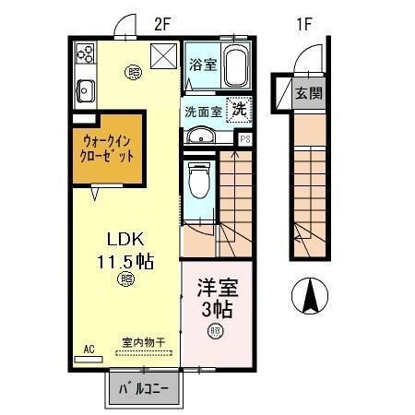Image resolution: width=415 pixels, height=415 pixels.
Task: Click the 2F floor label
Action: [x=163, y=26]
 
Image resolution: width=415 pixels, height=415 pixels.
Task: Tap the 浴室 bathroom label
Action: [x=202, y=65]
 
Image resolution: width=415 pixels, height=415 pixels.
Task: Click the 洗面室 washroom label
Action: [x=202, y=111]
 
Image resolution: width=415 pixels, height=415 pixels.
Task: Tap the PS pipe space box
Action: [x=244, y=139]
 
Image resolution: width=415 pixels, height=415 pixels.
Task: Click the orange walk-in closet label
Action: [x=108, y=148]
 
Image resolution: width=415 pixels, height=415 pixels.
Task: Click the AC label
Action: [x=89, y=349]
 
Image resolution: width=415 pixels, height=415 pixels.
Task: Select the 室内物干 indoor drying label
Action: [x=143, y=343]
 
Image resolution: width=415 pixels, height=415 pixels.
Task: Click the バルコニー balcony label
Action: [x=143, y=389]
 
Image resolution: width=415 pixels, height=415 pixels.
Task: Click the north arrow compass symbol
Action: [x=310, y=296]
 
